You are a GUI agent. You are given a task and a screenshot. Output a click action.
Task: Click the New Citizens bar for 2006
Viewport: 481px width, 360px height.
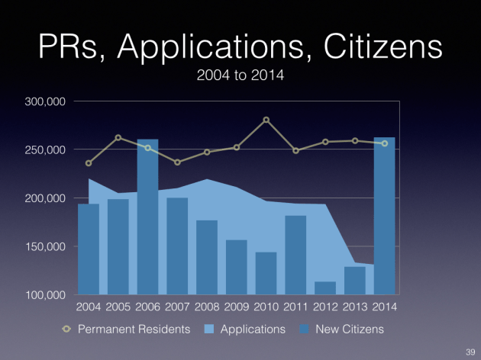147,217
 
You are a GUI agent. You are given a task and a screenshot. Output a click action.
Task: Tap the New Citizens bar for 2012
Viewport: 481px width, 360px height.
325,288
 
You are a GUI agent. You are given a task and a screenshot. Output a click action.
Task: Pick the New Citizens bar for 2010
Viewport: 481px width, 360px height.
266,273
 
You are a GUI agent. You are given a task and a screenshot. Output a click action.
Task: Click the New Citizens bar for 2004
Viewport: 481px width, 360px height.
89,249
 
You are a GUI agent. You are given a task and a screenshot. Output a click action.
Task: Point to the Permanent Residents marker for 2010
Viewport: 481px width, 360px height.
266,120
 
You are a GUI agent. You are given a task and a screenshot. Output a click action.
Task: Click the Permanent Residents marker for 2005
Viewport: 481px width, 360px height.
118,138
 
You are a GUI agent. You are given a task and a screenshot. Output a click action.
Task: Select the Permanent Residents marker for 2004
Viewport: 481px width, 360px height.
89,163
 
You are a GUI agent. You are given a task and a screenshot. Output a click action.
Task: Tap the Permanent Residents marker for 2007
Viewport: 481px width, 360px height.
177,162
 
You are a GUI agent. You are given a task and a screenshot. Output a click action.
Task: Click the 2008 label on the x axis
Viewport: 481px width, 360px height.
207,307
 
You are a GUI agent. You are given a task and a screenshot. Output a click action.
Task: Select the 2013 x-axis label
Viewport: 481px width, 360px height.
355,307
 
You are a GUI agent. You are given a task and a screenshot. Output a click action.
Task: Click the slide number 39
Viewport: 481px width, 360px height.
470,350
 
